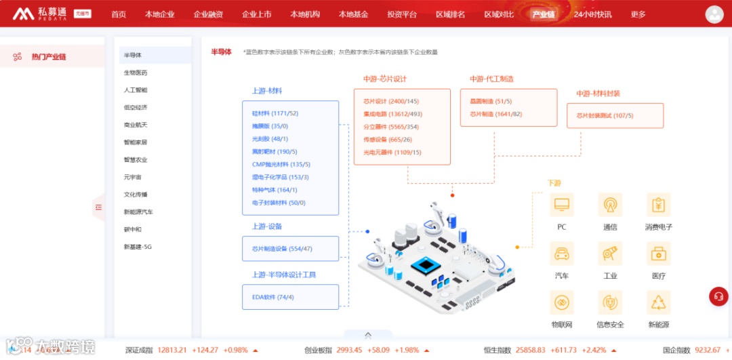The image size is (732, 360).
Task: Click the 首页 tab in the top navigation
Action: [x=119, y=14]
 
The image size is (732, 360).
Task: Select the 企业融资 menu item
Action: [x=208, y=14]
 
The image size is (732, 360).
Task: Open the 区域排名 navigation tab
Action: [x=450, y=14]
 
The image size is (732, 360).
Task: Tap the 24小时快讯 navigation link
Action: [x=592, y=14]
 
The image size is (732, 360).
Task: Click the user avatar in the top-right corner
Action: [x=714, y=14]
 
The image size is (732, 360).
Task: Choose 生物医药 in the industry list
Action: [x=136, y=72]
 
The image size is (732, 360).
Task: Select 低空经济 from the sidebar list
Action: [x=136, y=107]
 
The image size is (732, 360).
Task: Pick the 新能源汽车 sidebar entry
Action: [x=138, y=212]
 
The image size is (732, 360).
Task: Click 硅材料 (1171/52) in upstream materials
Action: [x=274, y=113]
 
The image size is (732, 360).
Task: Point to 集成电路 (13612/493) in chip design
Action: [x=392, y=114]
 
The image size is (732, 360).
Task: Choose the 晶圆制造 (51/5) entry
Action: [x=491, y=101]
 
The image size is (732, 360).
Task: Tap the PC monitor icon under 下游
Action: [x=561, y=204]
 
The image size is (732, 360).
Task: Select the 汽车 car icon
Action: [x=561, y=254]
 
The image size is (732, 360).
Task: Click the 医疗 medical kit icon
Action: [x=658, y=254]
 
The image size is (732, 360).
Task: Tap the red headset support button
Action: [x=718, y=297]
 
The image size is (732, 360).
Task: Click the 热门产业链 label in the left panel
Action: [x=49, y=57]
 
